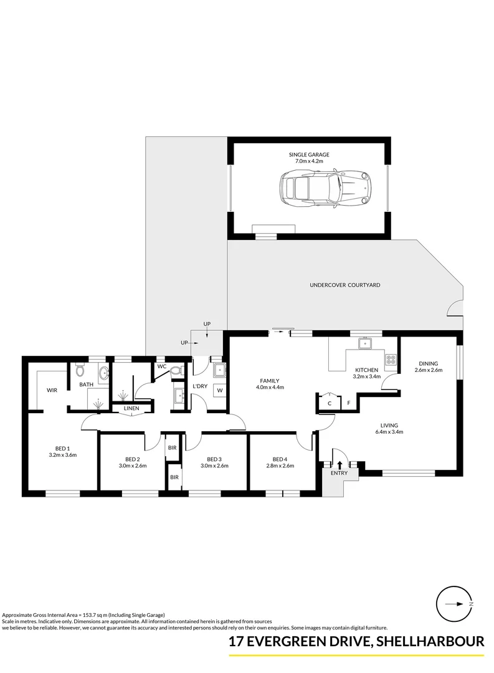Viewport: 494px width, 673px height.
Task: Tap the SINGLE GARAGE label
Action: [x=309, y=155]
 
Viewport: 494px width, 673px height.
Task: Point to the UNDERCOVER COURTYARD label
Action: [x=344, y=285]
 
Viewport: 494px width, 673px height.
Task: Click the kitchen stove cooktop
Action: [x=392, y=359]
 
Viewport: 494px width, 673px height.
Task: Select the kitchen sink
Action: [x=363, y=343]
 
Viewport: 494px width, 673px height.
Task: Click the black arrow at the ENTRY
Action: [x=340, y=464]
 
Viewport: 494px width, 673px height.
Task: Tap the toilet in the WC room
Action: [x=176, y=371]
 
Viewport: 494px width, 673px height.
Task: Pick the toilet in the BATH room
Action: [x=79, y=371]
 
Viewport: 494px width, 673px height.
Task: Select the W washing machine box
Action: [x=219, y=391]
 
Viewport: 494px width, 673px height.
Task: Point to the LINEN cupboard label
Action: [x=131, y=409]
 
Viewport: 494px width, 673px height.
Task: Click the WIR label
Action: [x=52, y=391]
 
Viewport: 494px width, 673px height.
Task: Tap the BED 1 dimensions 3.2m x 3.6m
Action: [x=62, y=456]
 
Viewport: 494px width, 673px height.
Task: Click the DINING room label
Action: [x=428, y=364]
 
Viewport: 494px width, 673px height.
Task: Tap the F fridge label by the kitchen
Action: [x=348, y=403]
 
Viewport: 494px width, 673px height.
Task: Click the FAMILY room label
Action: [x=269, y=381]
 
